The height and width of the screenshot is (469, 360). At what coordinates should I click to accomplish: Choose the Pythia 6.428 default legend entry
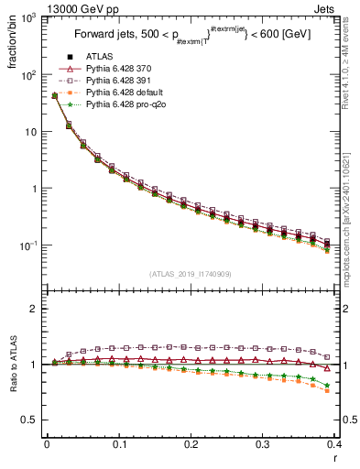pos(123,93)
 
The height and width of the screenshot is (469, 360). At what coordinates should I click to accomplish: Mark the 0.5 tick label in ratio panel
pos(31,420)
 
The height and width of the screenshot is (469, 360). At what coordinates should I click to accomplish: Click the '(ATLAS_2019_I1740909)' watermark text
pos(191,274)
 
